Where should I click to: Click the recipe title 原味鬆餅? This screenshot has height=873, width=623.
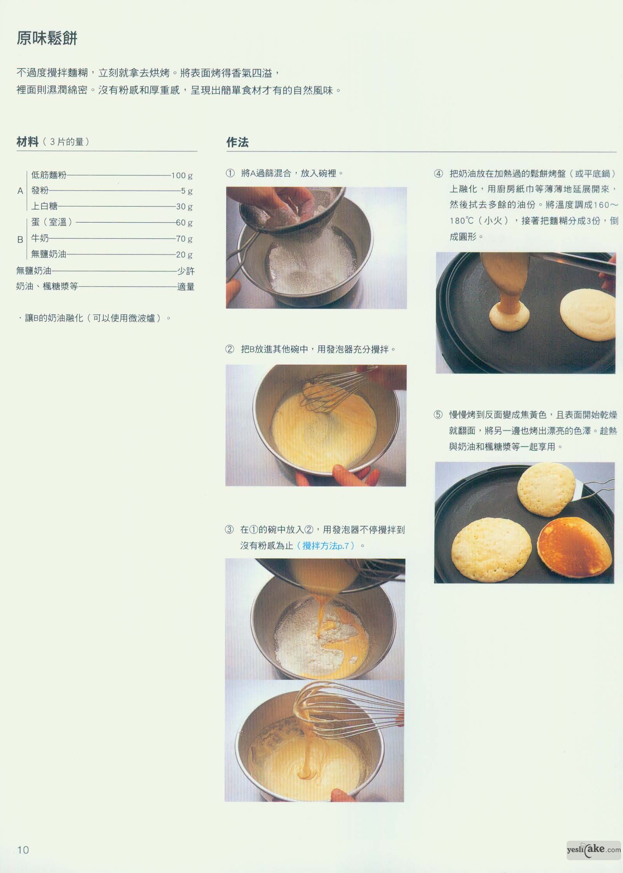[x=47, y=38]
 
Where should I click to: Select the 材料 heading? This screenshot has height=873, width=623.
[x=28, y=142]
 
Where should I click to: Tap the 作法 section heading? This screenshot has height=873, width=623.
[x=237, y=142]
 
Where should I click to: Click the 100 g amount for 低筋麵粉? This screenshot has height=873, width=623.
[x=182, y=175]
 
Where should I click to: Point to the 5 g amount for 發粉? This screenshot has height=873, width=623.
[x=187, y=191]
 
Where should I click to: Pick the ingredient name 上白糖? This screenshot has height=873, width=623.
[x=44, y=206]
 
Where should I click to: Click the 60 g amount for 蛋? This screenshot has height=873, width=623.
[x=185, y=223]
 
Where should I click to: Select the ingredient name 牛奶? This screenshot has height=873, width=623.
[x=40, y=238]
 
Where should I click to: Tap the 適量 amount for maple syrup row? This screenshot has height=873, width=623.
[x=186, y=287]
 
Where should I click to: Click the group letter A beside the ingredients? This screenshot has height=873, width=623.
[x=20, y=191]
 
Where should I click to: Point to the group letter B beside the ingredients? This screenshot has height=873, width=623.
[x=20, y=239]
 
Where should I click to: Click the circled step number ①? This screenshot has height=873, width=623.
[x=230, y=173]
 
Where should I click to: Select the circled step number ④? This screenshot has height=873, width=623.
[x=438, y=173]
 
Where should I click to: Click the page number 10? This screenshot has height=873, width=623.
[x=23, y=850]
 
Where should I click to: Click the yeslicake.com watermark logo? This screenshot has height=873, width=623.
[x=593, y=849]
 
